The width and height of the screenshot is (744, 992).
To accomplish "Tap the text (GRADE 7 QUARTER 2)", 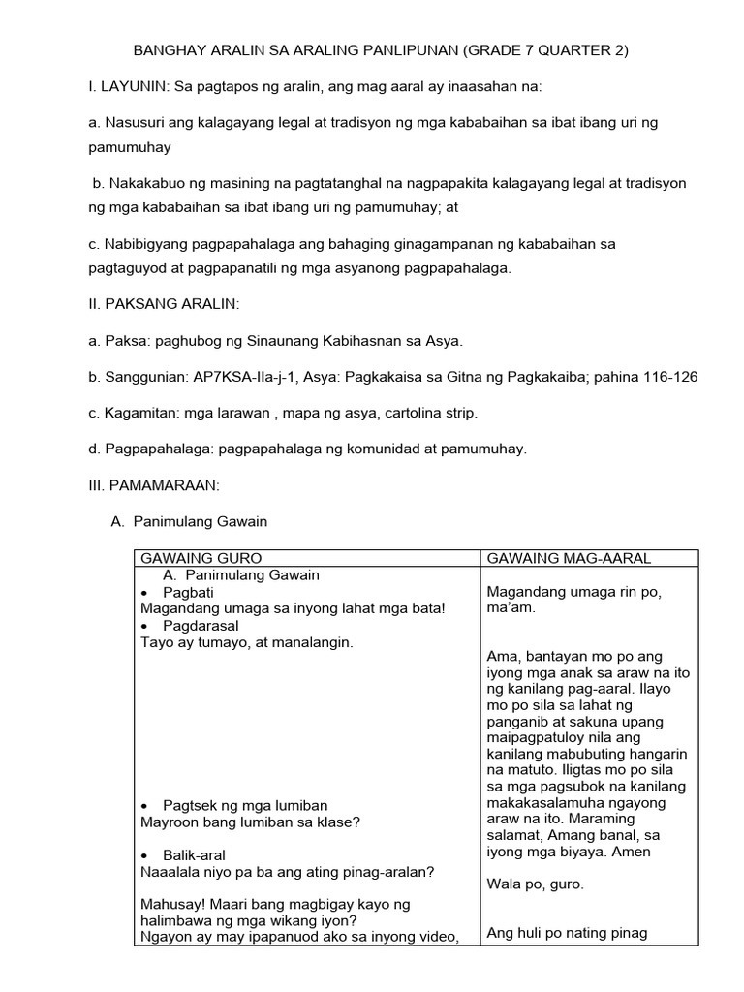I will (545, 50).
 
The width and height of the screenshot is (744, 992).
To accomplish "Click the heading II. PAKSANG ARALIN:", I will (164, 305).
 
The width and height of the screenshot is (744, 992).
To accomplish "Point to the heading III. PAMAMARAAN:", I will (154, 485).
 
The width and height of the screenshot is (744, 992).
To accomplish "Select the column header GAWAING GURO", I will (201, 559).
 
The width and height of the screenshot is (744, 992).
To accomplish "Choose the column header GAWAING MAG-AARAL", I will (569, 559).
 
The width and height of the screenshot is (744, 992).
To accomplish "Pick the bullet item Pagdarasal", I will (201, 625).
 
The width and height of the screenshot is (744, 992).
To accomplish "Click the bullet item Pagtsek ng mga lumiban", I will (245, 806).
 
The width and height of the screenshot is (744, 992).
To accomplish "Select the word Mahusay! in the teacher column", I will (170, 904).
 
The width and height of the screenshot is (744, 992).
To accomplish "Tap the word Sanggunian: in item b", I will (141, 377).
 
